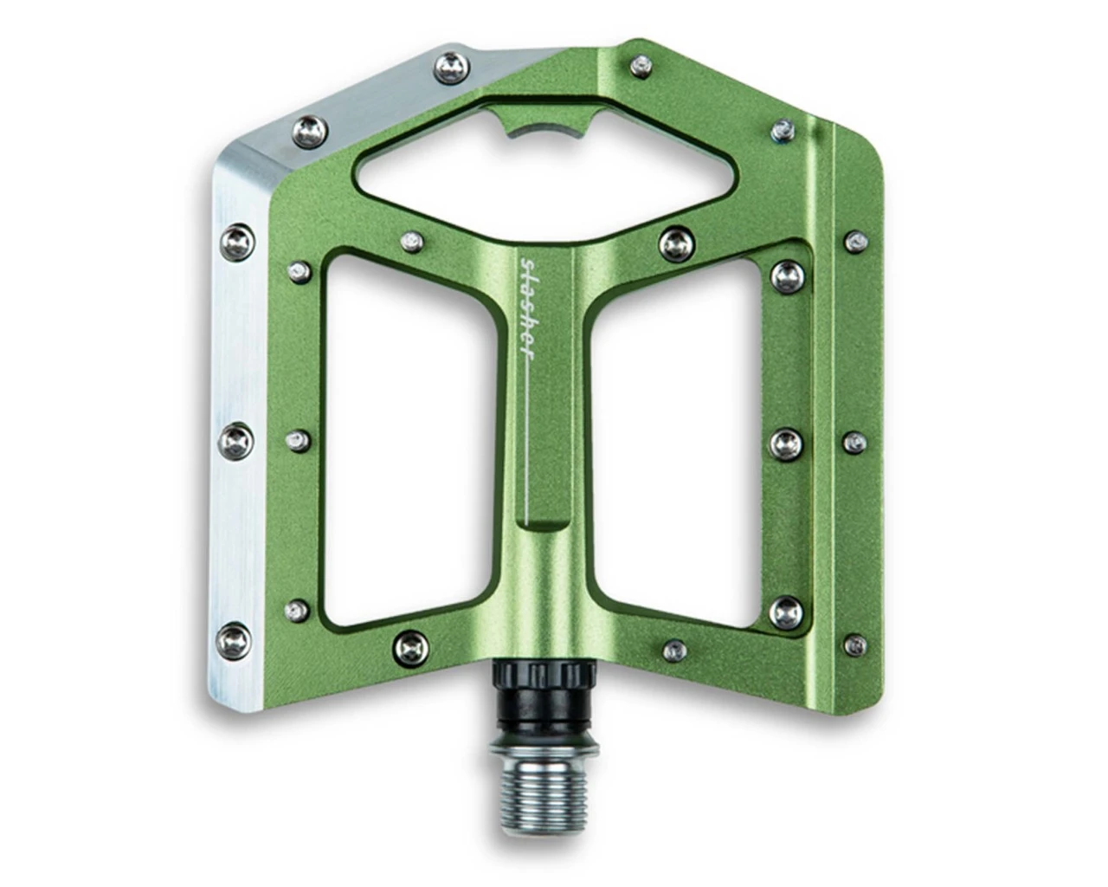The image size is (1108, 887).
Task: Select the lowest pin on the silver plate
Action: click(235, 639)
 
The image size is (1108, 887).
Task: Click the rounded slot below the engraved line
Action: click(542, 526)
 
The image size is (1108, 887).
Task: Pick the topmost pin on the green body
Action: click(641, 63)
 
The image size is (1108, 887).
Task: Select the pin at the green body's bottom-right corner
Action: click(856, 644)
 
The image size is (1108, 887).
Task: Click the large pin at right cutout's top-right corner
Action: click(786, 275)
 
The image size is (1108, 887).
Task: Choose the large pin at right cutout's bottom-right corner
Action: click(785, 610)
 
